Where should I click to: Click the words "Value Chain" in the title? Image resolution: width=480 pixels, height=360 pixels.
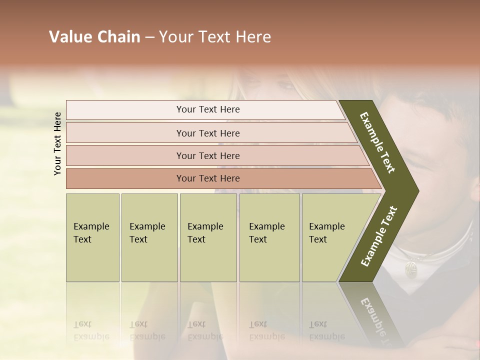[94, 37]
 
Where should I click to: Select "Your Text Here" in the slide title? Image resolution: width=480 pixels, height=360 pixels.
[215, 37]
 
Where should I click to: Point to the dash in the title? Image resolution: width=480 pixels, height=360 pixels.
[149, 37]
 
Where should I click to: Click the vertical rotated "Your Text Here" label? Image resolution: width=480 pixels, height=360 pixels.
[57, 144]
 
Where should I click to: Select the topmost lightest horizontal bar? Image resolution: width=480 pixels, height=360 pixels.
[208, 109]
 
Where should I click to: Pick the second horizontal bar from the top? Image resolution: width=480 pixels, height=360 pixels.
[208, 133]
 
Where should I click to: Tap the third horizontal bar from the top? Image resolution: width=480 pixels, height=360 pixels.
[208, 155]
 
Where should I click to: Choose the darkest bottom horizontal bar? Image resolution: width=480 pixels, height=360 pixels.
[208, 178]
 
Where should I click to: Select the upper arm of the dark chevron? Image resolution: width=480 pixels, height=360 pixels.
[378, 142]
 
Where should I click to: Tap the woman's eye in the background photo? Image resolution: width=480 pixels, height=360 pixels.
[286, 85]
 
